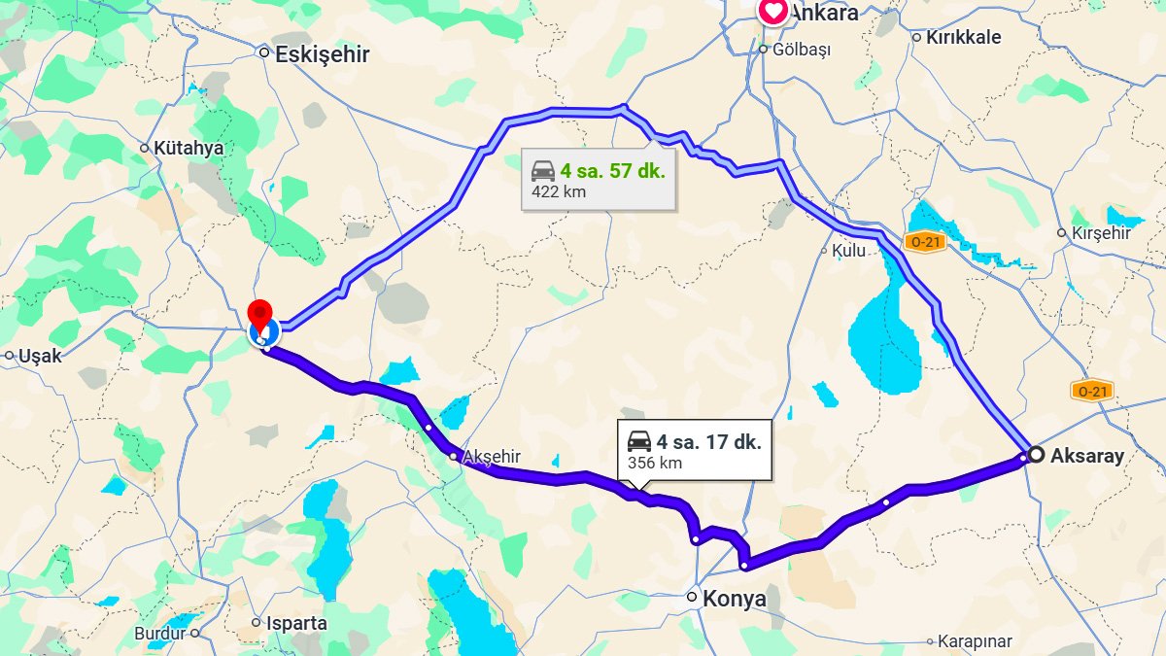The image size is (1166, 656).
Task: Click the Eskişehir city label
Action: pyautogui.click(x=322, y=54)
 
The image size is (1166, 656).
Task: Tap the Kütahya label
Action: pyautogui.click(x=189, y=149)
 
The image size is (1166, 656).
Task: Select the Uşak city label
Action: pyautogui.click(x=40, y=357)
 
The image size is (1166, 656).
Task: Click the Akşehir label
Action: pyautogui.click(x=493, y=457)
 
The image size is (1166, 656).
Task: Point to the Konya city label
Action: pyautogui.click(x=734, y=599)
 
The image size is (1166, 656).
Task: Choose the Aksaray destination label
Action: pyautogui.click(x=1087, y=455)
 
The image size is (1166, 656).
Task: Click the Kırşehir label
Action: pyautogui.click(x=1101, y=233)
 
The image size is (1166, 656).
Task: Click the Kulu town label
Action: pyautogui.click(x=848, y=250)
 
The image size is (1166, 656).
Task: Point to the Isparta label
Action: pyautogui.click(x=295, y=623)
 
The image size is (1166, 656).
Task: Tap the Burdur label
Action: pyautogui.click(x=159, y=634)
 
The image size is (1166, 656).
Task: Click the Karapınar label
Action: pyautogui.click(x=975, y=641)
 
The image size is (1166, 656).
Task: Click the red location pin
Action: pyautogui.click(x=259, y=315)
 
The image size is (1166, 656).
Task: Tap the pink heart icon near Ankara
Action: pyautogui.click(x=772, y=12)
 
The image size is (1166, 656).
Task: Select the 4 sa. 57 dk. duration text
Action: pyautogui.click(x=612, y=171)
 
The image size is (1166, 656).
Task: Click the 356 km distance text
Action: pyautogui.click(x=655, y=463)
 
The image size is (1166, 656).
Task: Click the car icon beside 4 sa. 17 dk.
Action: pyautogui.click(x=639, y=441)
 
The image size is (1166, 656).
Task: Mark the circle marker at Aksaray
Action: pyautogui.click(x=1037, y=454)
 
